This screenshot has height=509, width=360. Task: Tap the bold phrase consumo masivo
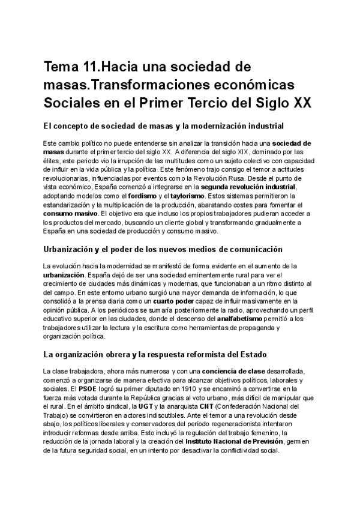pyautogui.click(x=70, y=213)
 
